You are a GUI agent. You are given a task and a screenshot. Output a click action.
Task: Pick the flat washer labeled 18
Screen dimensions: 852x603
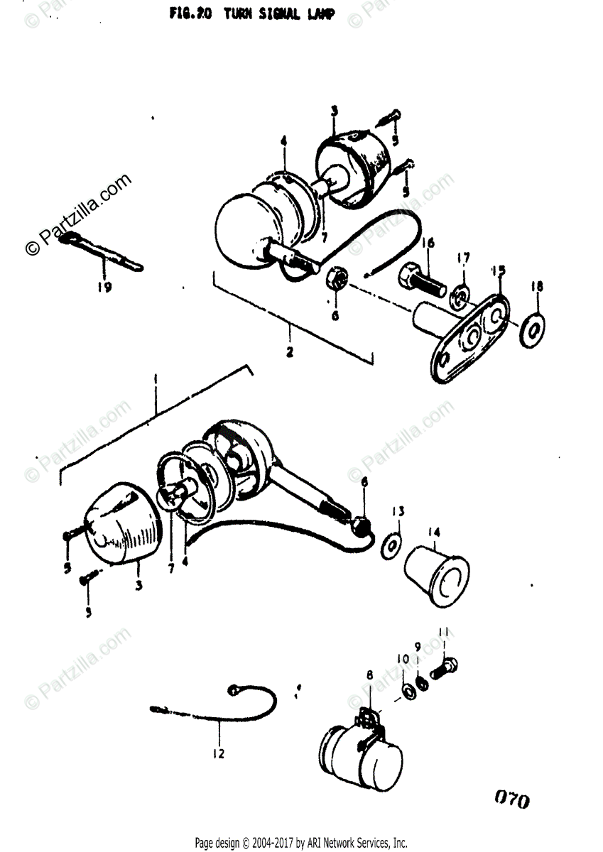click(532, 327)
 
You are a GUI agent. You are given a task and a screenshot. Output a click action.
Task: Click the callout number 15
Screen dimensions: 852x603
click(498, 271)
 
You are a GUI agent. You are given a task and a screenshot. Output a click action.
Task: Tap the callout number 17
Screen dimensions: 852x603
click(463, 258)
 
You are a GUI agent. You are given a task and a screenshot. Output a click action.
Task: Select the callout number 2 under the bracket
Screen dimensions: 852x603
click(289, 350)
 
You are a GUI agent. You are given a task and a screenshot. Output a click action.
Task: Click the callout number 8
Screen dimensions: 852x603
click(369, 675)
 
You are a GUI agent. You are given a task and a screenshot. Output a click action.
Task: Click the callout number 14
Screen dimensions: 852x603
click(434, 532)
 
